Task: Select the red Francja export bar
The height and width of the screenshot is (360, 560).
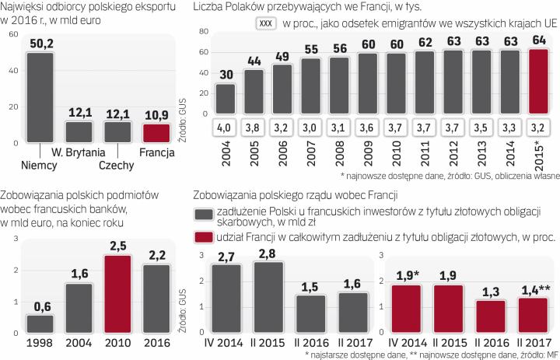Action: pyautogui.click(x=144, y=133)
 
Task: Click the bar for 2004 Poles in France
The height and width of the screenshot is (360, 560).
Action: pyautogui.click(x=226, y=100)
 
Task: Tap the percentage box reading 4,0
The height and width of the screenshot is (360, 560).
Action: pyautogui.click(x=226, y=128)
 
